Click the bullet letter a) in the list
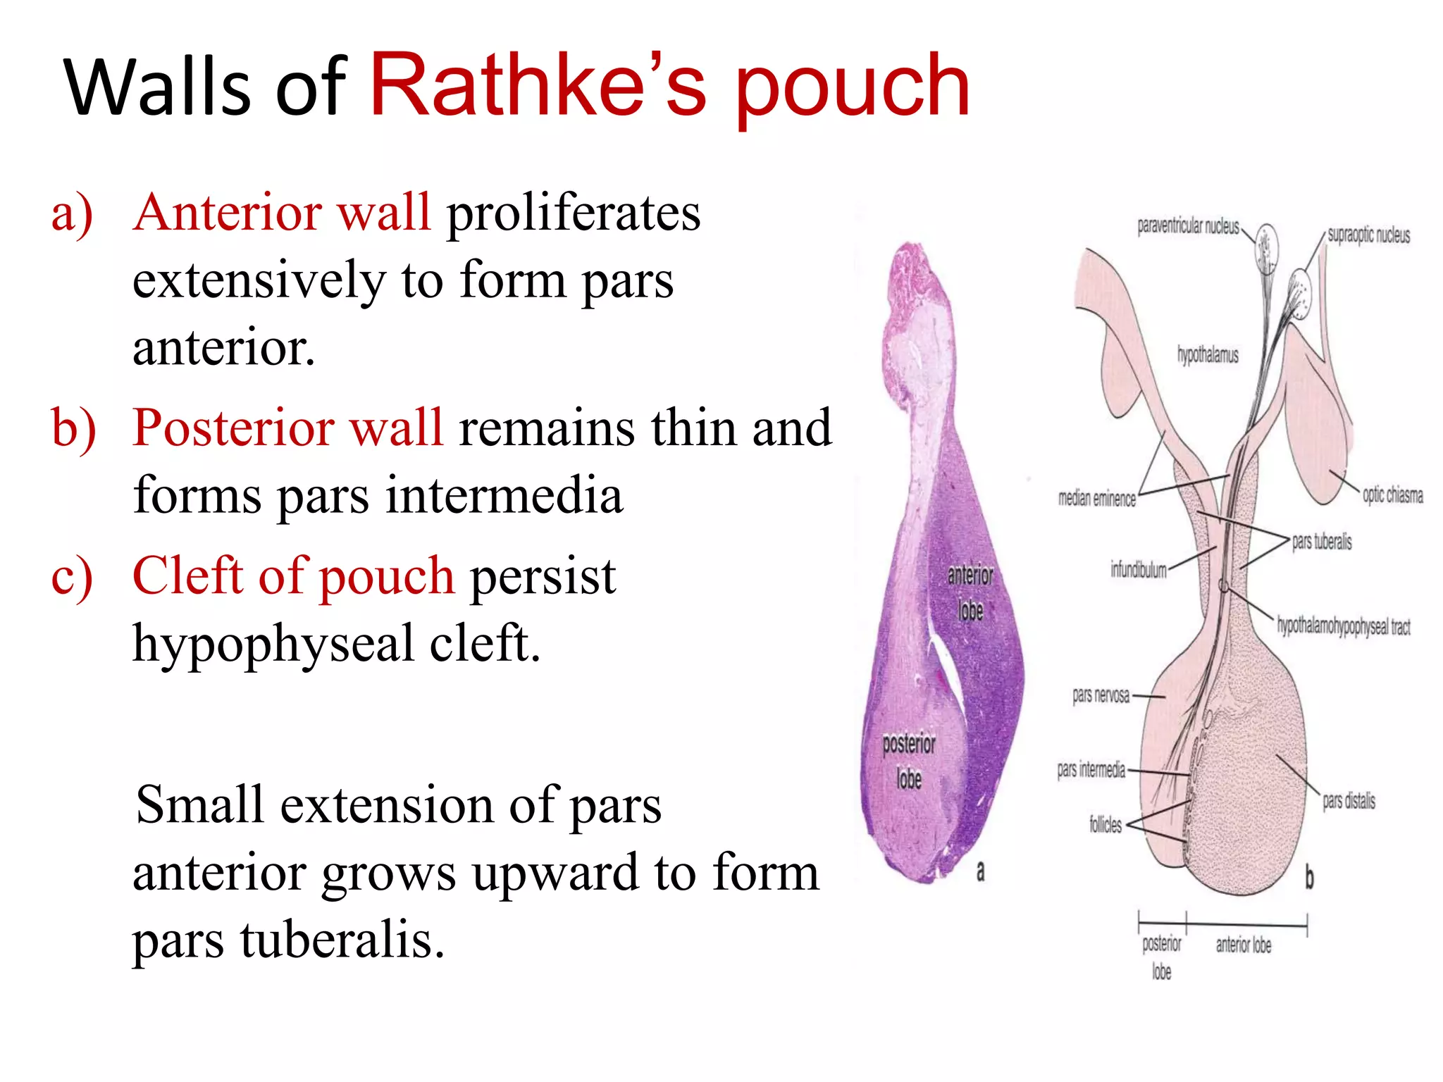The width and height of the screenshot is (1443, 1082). point(72,213)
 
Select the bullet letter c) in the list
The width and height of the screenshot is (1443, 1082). point(72,577)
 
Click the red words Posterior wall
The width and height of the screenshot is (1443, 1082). point(287,428)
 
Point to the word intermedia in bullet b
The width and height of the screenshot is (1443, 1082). point(504,495)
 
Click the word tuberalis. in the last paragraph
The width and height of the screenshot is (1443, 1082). point(342,940)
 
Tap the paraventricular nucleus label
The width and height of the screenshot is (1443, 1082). point(1188,227)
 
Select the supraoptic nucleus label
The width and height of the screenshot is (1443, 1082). point(1368,235)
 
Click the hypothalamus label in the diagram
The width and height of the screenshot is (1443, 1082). point(1207,355)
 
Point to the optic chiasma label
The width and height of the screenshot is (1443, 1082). point(1392,495)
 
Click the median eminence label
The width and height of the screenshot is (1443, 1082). point(1096,499)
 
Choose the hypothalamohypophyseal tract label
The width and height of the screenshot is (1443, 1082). point(1344,626)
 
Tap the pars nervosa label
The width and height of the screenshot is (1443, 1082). point(1101,696)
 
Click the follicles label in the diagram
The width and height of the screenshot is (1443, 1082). point(1105,824)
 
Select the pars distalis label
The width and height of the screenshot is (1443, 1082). point(1349,801)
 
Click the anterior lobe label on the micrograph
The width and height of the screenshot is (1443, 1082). point(970,592)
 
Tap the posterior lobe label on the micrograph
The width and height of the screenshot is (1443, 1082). point(909,761)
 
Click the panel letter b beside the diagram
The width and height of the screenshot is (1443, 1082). point(1309,878)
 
